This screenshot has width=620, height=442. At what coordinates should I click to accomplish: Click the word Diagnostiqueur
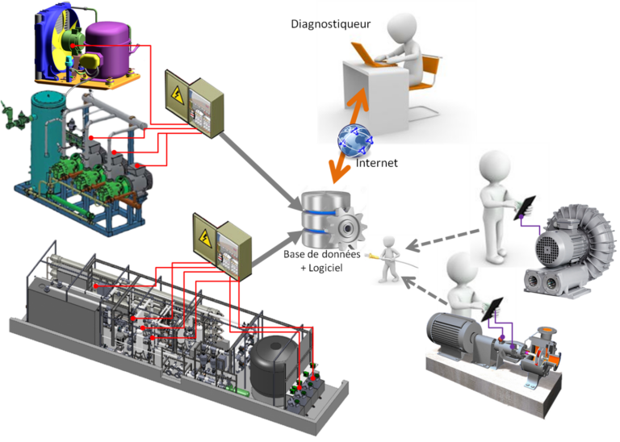(330, 24)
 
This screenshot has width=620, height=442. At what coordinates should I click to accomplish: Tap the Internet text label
(376, 163)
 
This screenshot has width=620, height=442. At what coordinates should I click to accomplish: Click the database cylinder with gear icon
(333, 219)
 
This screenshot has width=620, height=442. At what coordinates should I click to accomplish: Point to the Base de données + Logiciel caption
(322, 261)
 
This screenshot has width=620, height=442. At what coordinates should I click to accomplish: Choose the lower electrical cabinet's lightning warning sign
(204, 237)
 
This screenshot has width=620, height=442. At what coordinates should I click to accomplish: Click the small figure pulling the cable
(389, 260)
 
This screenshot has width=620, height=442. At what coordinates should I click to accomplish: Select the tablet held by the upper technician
(524, 208)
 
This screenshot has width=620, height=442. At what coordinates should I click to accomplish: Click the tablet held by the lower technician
(492, 309)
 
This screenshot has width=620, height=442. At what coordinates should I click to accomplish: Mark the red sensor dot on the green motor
(73, 45)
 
